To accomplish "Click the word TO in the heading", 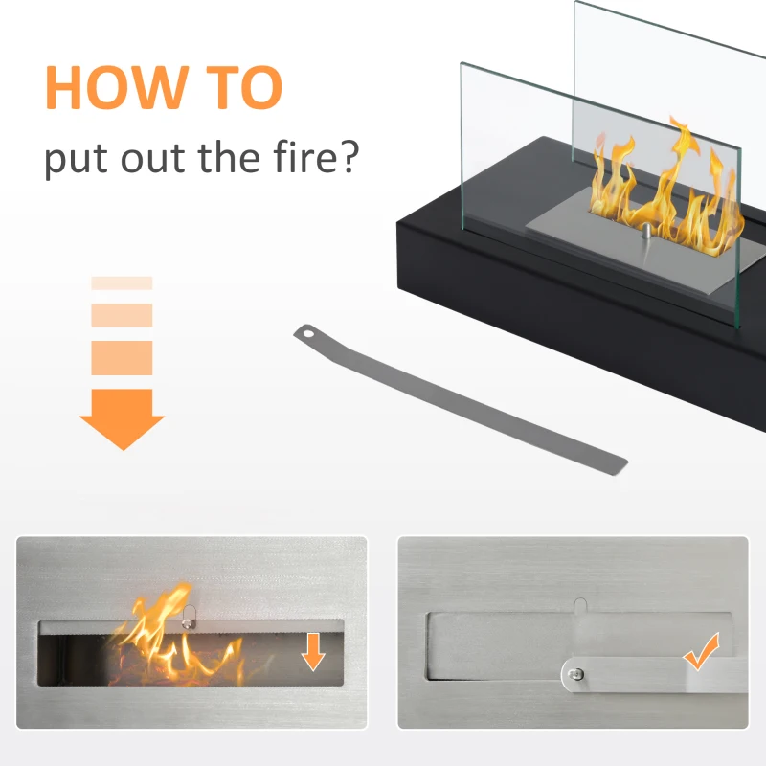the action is [244, 87].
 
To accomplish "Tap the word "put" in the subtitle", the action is [76, 159].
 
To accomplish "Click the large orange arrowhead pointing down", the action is [123, 419].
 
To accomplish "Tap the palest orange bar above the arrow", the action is [123, 282].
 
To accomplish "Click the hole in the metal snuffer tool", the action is [307, 334].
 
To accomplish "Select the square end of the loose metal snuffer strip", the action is [618, 465].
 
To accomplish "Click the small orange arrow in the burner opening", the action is [313, 652].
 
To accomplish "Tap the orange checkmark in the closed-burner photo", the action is [702, 651].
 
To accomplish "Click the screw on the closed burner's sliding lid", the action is [576, 675].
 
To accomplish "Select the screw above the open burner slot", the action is [187, 623].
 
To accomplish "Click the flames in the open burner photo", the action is [176, 635].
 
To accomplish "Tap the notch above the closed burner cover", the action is [580, 605].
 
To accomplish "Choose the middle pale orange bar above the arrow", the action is [123, 315].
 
